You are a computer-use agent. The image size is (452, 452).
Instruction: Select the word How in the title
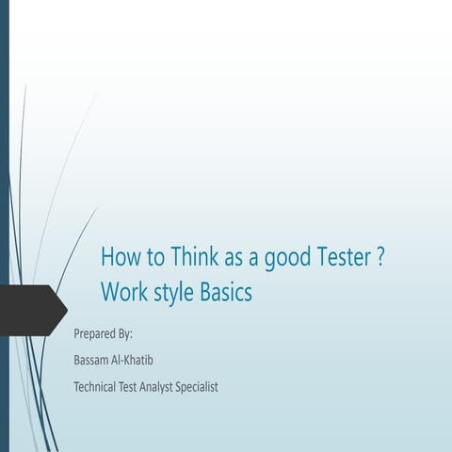tap(120, 257)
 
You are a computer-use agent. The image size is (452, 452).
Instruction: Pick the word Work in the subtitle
tap(122, 293)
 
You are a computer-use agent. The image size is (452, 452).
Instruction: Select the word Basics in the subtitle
tap(227, 293)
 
